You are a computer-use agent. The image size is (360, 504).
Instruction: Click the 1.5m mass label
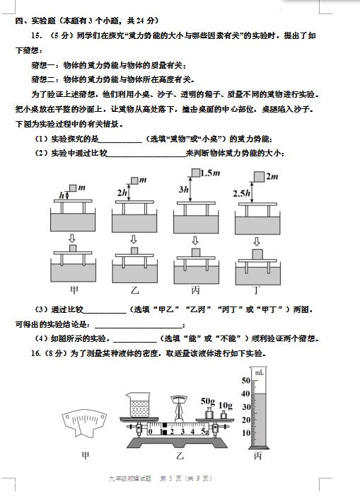tap(210, 173)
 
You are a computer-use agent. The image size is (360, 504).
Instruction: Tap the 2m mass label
tap(272, 176)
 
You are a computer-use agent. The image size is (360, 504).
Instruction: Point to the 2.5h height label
tap(241, 193)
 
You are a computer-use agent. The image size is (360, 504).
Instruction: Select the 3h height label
tap(184, 190)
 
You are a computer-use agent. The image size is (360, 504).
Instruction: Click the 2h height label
tap(122, 193)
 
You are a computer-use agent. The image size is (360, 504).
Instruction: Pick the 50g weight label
tap(208, 401)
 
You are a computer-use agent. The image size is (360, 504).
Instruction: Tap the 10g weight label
tap(226, 406)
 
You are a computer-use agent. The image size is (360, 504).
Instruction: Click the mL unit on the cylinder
tap(259, 373)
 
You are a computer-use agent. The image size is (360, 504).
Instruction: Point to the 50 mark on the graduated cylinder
tap(245, 381)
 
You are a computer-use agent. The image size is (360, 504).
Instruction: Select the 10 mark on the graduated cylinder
tap(245, 433)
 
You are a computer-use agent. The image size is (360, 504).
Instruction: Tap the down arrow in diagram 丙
tap(195, 241)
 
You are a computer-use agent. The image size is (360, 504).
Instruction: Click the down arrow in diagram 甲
tap(72, 238)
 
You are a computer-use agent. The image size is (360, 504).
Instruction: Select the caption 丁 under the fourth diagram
tap(256, 290)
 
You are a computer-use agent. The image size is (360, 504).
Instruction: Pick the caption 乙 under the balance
tap(180, 455)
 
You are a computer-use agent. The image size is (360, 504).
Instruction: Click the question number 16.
tap(35, 353)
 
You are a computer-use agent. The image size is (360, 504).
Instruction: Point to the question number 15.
tap(36, 35)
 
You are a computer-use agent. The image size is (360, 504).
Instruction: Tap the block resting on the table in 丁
tap(257, 254)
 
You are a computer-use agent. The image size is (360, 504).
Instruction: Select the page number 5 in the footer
tap(170, 479)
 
